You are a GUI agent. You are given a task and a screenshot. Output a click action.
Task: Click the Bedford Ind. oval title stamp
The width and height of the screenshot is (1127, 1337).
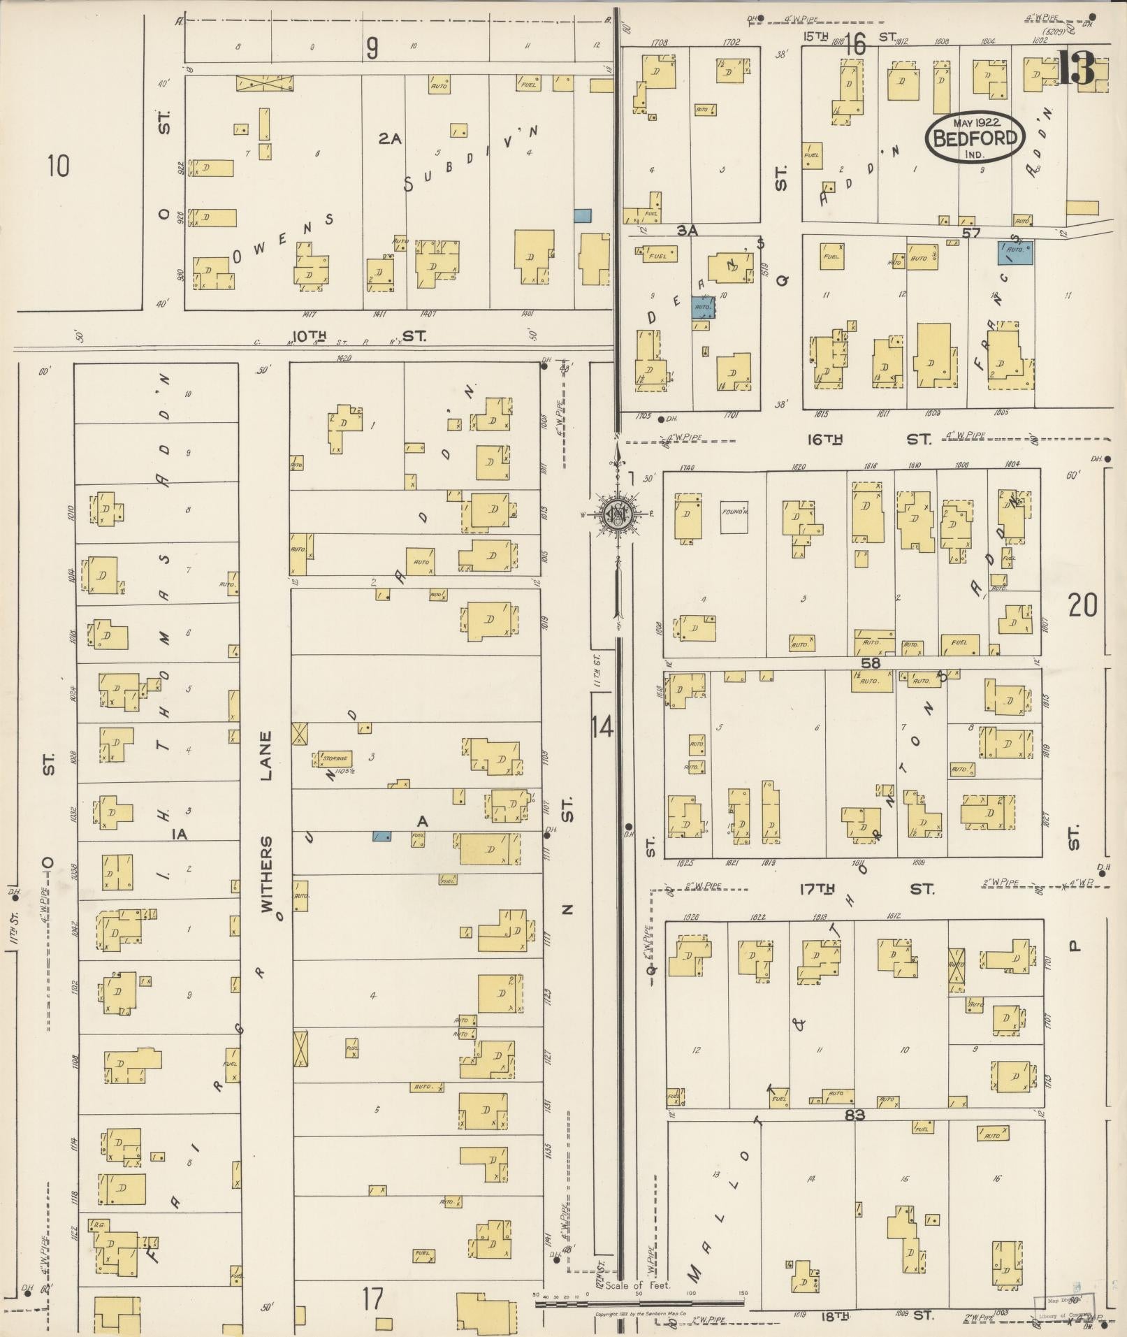pos(975,136)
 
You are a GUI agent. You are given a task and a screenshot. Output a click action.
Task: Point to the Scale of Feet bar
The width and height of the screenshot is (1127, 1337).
pos(639,1302)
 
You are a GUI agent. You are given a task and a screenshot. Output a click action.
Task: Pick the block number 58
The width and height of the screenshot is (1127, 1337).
pos(871,663)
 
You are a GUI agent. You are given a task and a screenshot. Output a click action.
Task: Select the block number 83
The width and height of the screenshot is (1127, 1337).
pos(855,1115)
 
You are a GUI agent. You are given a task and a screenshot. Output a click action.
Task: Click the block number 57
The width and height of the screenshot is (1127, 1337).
pos(971,233)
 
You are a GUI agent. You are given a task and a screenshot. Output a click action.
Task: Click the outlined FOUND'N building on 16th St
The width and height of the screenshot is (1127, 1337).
pos(734,518)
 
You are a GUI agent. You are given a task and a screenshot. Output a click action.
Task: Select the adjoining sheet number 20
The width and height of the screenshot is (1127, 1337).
pos(1082,605)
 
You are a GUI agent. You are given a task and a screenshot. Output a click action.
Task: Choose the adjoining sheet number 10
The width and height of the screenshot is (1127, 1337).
pos(59,166)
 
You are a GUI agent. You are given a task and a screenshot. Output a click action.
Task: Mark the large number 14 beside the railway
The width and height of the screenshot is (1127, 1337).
pos(602,727)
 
